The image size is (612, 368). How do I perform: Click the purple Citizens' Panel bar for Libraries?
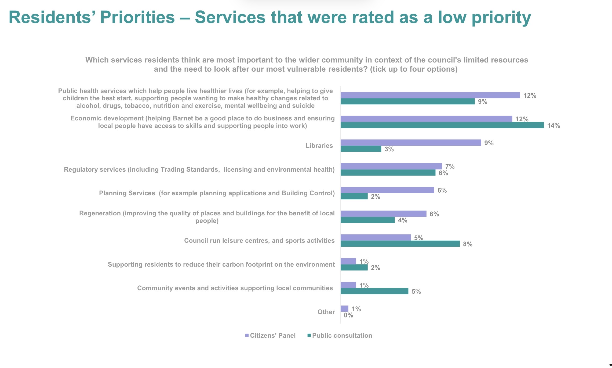tap(411, 142)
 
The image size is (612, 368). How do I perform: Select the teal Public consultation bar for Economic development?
tap(442, 125)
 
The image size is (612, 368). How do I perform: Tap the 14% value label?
tap(553, 126)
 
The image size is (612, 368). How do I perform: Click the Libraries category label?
tap(319, 146)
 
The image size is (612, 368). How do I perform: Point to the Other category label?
tap(326, 312)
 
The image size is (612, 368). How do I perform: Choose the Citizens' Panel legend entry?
tap(271, 336)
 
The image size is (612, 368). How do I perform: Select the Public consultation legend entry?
tap(340, 336)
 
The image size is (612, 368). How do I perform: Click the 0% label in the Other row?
tap(348, 315)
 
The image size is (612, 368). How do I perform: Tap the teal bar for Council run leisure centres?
tap(400, 244)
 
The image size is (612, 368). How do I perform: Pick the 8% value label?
tap(468, 244)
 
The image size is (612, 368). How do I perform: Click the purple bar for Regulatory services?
tap(391, 166)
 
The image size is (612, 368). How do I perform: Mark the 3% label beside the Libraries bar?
tap(389, 149)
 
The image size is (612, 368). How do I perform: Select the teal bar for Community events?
tap(374, 291)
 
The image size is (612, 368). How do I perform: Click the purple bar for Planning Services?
tap(387, 190)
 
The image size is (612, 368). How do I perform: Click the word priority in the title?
tap(501, 17)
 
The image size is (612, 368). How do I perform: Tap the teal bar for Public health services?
tap(408, 101)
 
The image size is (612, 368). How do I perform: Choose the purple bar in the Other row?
tap(345, 309)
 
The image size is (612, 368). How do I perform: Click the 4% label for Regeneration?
tap(402, 220)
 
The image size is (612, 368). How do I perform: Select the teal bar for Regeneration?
tap(368, 220)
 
